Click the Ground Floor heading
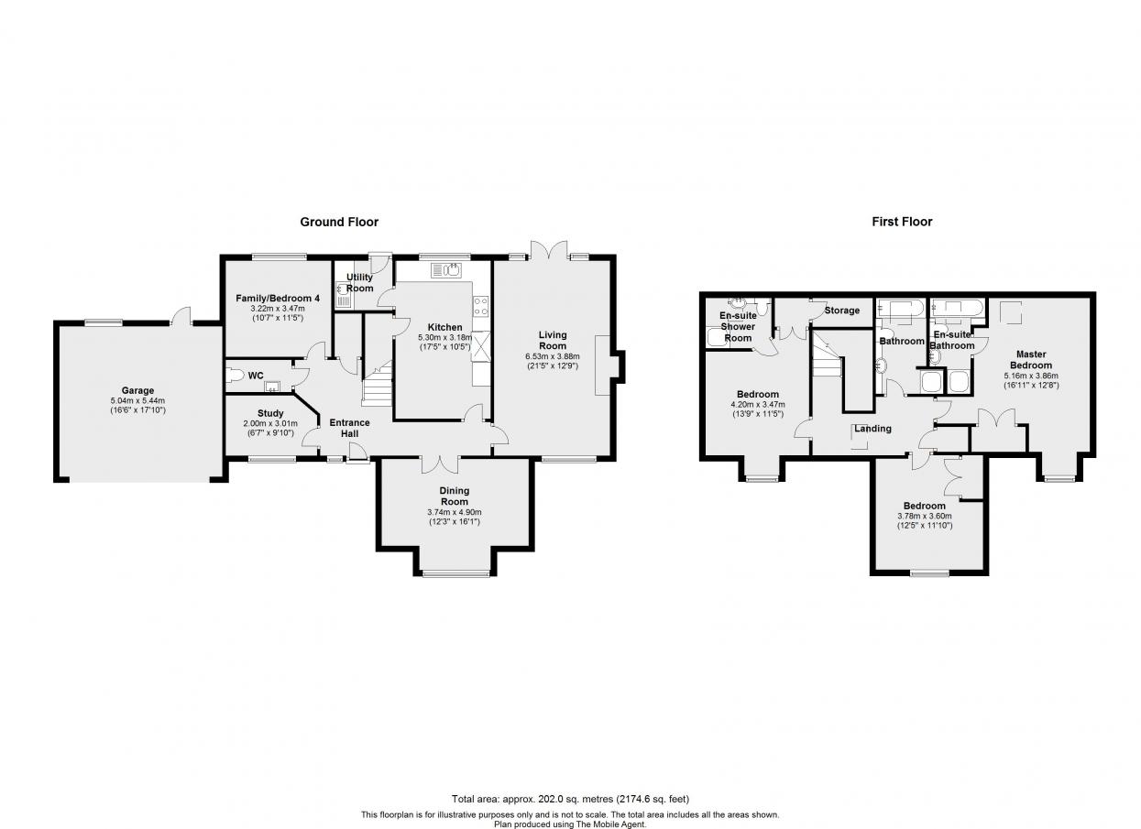339,222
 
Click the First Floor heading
902,222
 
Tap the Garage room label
137,390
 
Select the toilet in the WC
235,376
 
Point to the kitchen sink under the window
446,270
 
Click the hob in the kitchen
481,308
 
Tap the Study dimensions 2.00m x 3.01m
270,423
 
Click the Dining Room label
455,496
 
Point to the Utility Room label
359,283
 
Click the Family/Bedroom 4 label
278,299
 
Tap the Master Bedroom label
1031,359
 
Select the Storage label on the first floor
842,311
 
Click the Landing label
873,429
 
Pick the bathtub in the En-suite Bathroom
956,309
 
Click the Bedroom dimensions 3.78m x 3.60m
925,516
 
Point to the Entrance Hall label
349,428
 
